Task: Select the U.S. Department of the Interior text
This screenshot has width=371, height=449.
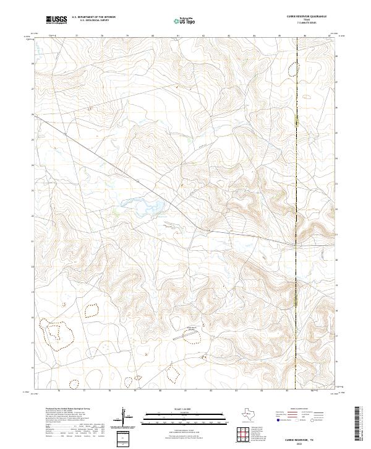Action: tap(93, 17)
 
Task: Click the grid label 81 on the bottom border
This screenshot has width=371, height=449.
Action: tap(186, 391)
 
